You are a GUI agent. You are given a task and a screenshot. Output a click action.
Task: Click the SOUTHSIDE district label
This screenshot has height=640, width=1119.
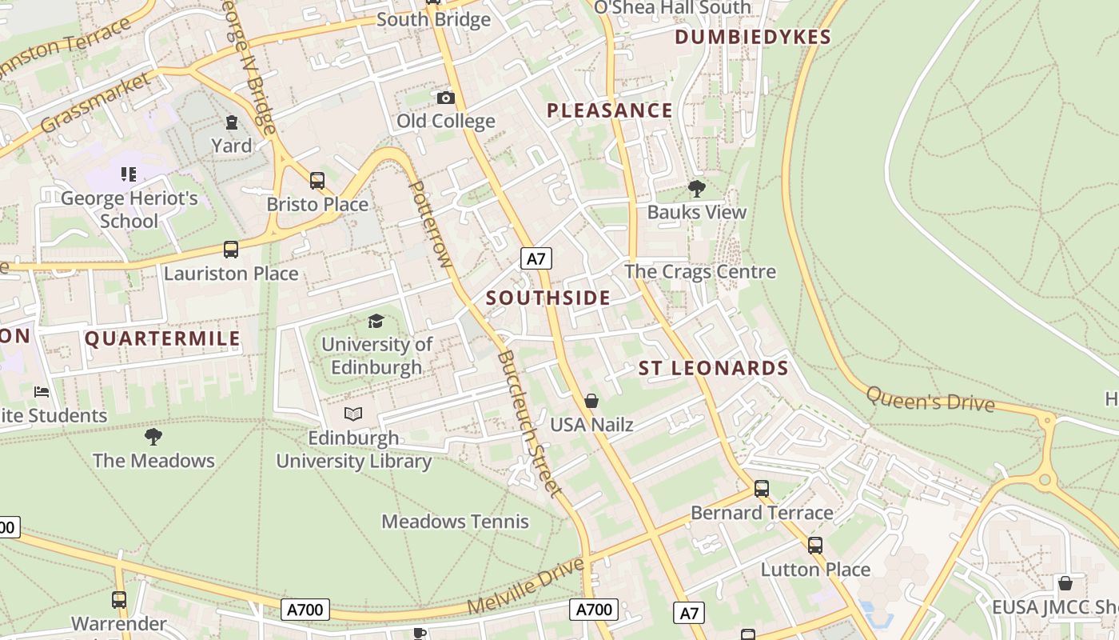click(548, 298)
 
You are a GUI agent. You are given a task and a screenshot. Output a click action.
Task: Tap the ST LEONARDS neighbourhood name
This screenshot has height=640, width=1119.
click(713, 368)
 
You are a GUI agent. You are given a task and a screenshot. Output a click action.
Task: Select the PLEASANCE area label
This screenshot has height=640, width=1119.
click(610, 110)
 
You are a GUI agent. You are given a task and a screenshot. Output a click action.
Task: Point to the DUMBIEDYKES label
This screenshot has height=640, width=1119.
click(753, 37)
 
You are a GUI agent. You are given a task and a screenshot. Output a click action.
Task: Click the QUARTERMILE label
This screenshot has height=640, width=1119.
click(162, 338)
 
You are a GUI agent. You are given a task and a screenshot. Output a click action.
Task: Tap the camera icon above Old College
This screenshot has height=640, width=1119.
click(446, 98)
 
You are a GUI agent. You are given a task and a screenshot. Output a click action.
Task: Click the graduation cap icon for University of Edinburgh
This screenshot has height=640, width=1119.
click(376, 322)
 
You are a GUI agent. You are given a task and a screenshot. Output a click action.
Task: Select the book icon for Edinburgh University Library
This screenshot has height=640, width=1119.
click(353, 414)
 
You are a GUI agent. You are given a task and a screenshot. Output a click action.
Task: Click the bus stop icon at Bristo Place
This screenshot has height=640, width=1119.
click(317, 181)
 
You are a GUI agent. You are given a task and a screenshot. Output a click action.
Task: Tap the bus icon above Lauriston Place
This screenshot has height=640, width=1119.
click(231, 250)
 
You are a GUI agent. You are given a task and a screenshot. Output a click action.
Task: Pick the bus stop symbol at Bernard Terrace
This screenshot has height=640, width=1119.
click(762, 489)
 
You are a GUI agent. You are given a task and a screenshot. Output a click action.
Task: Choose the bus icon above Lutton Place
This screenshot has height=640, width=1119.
click(815, 546)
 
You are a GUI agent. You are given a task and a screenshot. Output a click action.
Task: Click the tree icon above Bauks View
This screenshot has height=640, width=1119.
click(696, 189)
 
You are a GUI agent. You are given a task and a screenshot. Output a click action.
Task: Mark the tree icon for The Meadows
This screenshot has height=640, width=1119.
click(153, 437)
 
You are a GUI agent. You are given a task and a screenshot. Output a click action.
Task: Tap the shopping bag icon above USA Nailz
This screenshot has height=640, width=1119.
click(591, 401)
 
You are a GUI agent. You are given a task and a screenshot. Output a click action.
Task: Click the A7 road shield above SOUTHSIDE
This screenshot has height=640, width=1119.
click(536, 258)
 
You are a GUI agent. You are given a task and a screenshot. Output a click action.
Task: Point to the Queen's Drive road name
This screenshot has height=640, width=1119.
click(930, 399)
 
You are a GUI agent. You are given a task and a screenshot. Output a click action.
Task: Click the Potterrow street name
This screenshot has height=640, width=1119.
click(430, 224)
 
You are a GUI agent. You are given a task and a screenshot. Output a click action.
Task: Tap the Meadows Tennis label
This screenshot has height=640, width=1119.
click(455, 522)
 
